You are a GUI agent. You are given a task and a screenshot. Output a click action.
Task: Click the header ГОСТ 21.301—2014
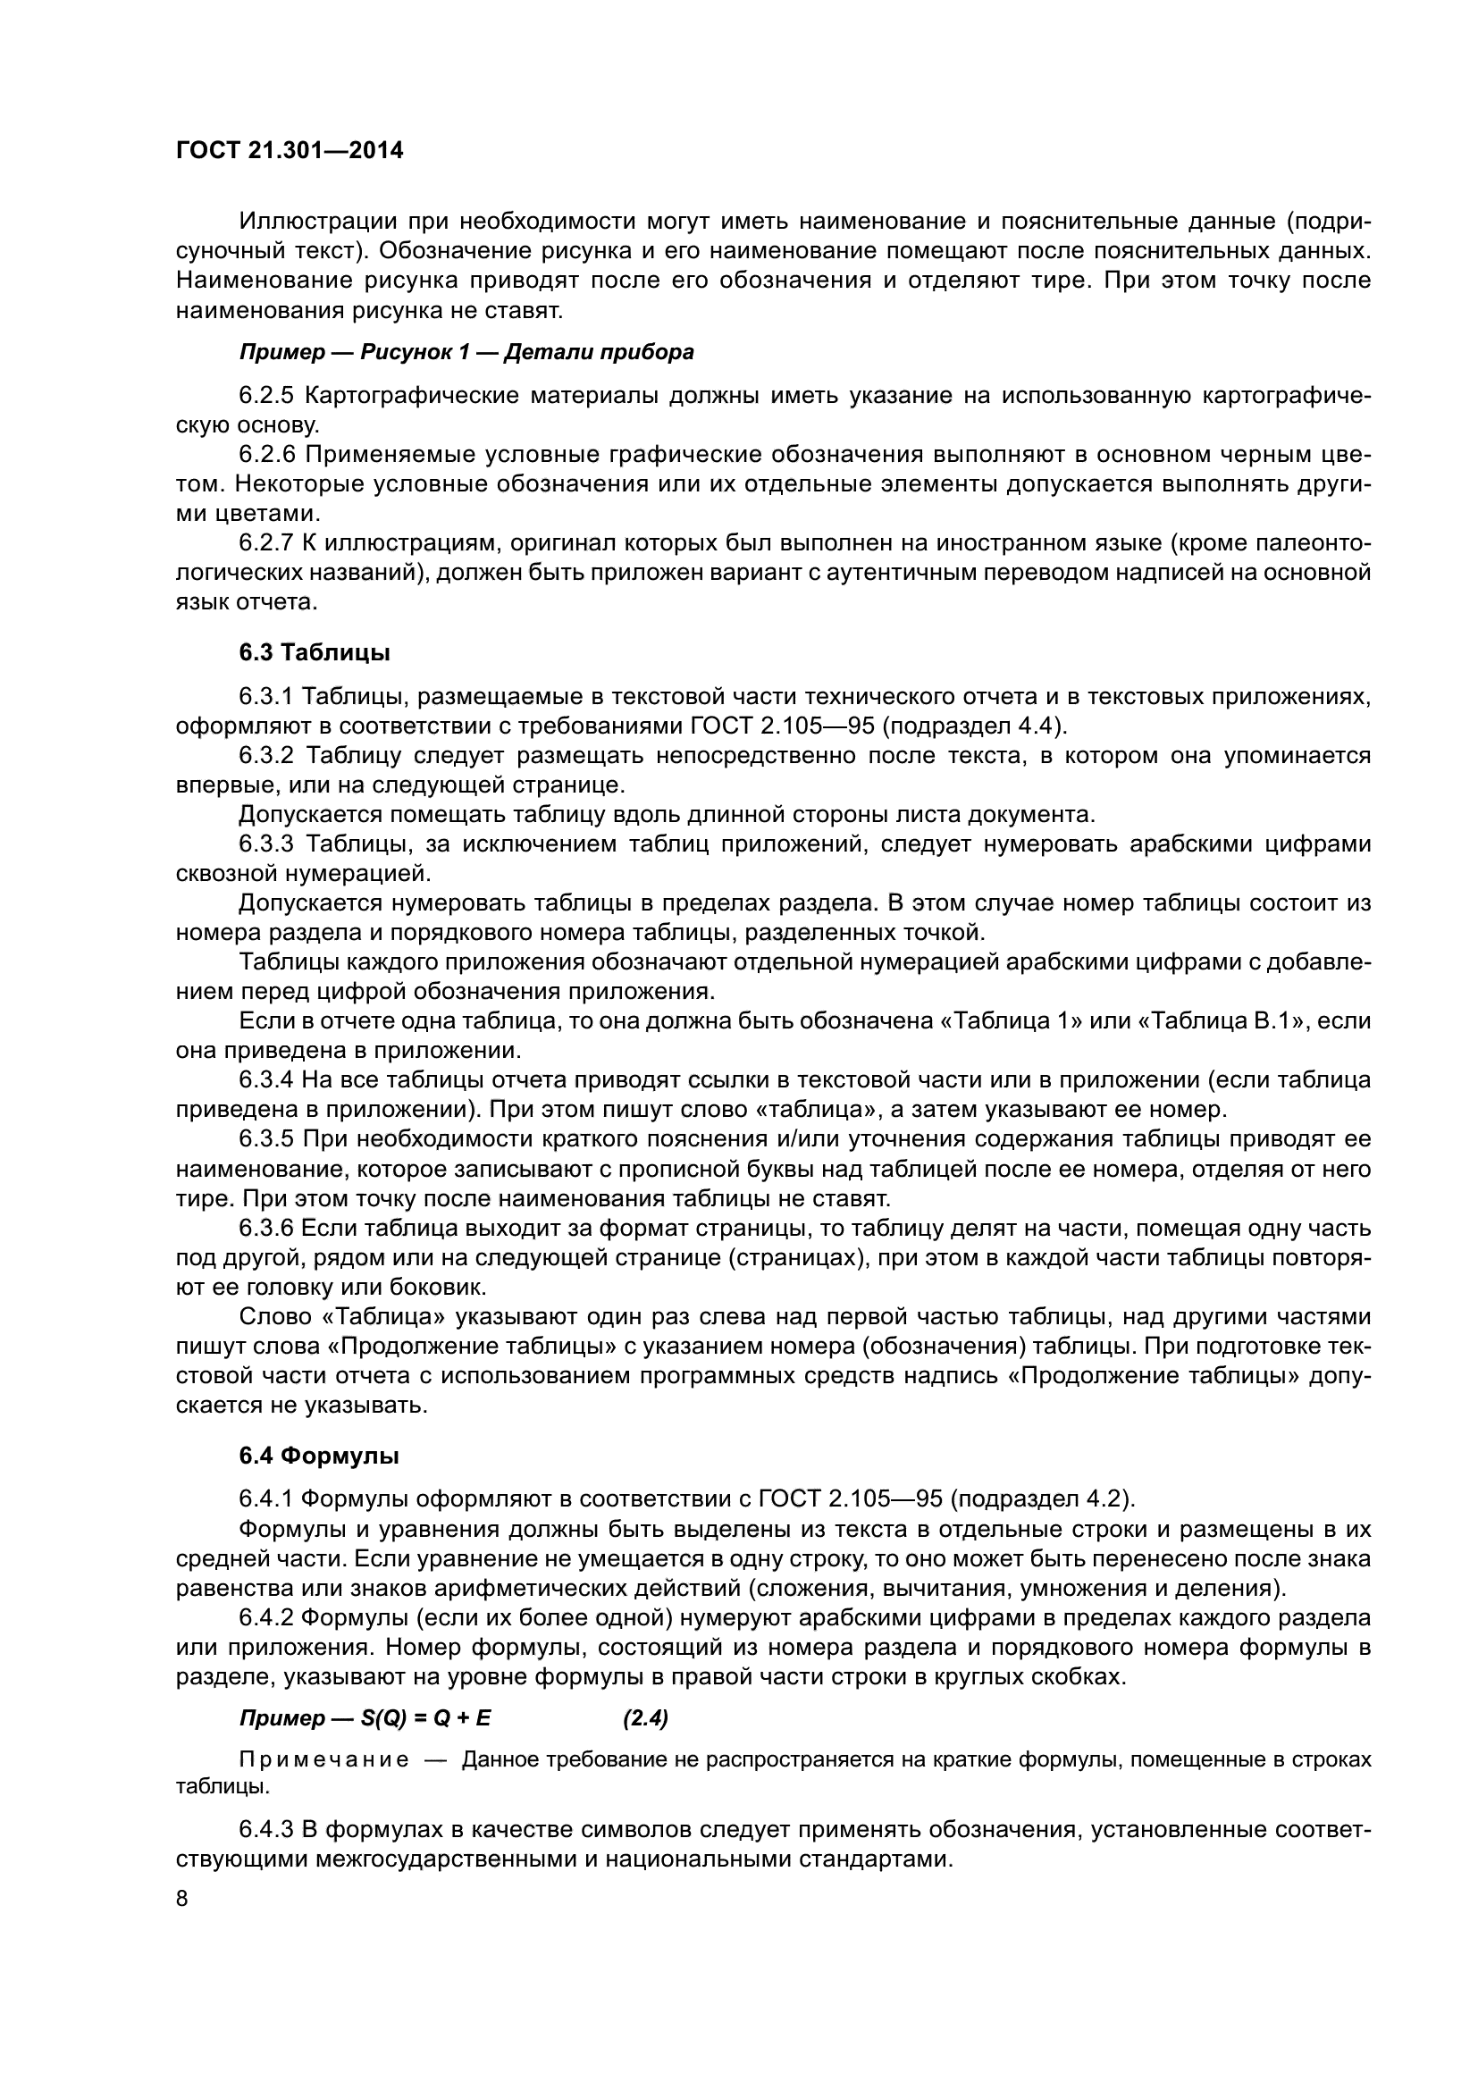(x=289, y=151)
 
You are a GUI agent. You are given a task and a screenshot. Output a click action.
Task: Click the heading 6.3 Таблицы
(x=315, y=652)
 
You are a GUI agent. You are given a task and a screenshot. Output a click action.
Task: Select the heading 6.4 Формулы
(x=318, y=1456)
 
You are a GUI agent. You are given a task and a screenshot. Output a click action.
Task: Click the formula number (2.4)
(x=646, y=1718)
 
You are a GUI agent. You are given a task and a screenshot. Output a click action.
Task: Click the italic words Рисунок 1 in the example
(x=414, y=352)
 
